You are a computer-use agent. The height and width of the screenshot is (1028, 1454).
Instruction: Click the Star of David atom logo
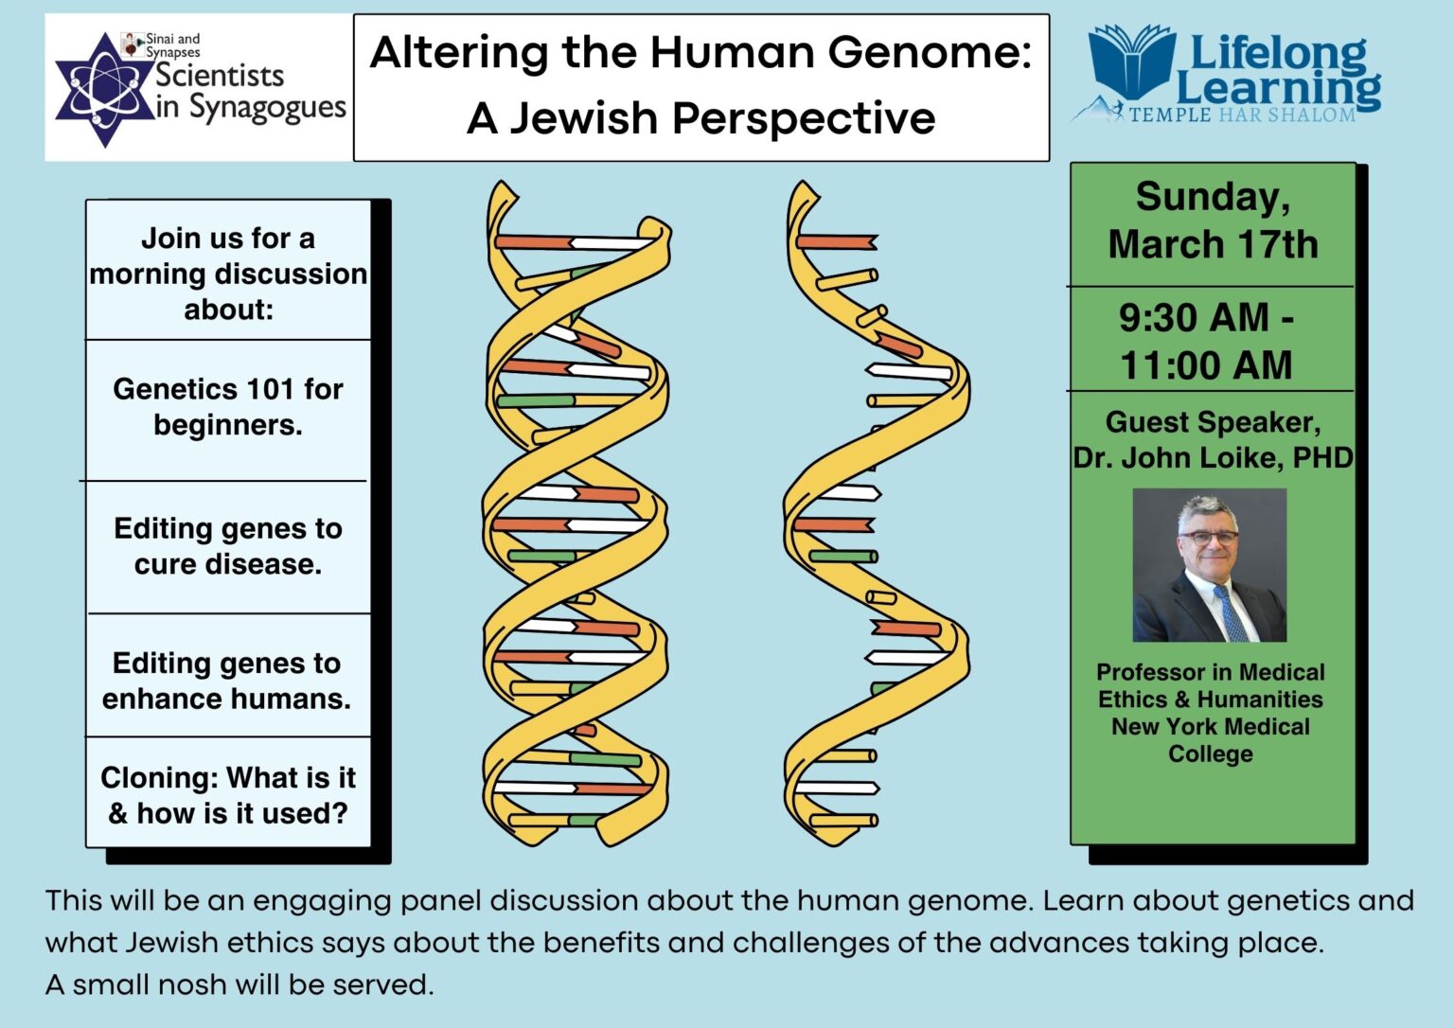(103, 90)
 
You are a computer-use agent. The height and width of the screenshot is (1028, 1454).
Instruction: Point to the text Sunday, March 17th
(1213, 221)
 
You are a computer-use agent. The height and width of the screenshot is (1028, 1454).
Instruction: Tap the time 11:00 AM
(1206, 365)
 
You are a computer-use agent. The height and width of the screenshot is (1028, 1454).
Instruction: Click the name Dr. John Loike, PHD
(1213, 458)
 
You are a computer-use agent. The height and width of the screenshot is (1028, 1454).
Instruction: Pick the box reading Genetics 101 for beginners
(228, 407)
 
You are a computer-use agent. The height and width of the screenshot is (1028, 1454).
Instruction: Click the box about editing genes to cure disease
(228, 546)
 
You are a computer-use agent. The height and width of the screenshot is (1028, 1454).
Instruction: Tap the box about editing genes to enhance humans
(227, 681)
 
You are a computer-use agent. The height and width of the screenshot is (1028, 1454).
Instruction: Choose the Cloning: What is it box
(228, 795)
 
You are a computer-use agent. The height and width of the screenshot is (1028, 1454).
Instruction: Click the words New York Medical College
(1210, 739)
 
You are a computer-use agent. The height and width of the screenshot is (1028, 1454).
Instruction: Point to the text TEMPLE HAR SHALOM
(1242, 115)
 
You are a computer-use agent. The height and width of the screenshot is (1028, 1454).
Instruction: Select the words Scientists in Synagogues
(250, 91)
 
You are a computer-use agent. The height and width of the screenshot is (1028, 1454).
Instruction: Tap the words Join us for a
(228, 239)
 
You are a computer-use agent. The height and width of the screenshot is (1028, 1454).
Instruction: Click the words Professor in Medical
(1210, 672)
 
